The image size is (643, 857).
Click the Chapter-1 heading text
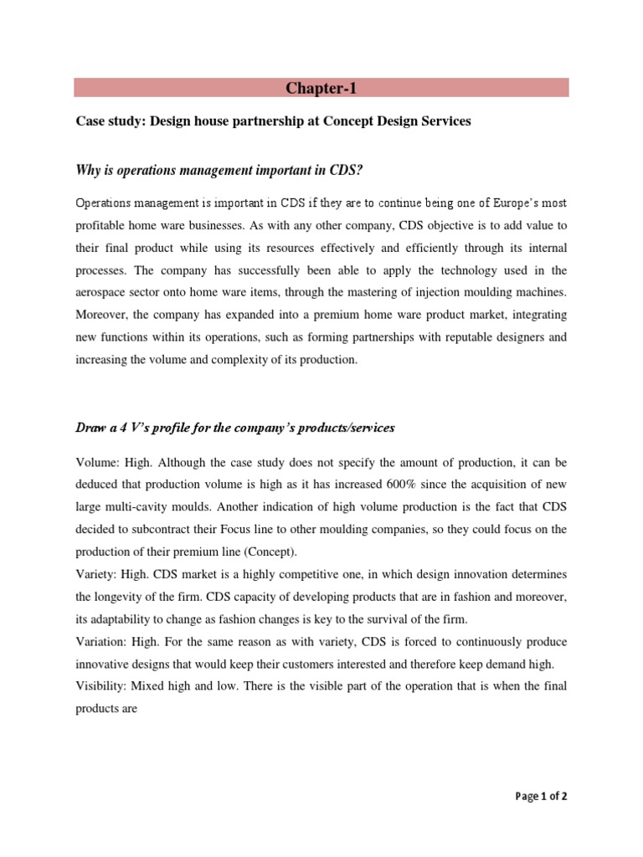click(x=321, y=88)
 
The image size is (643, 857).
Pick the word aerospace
click(x=104, y=292)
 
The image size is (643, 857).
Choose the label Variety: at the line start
click(x=97, y=573)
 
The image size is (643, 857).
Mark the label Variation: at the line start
click(x=103, y=641)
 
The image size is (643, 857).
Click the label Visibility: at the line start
click(x=103, y=686)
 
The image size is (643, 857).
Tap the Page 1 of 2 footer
click(x=540, y=796)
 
